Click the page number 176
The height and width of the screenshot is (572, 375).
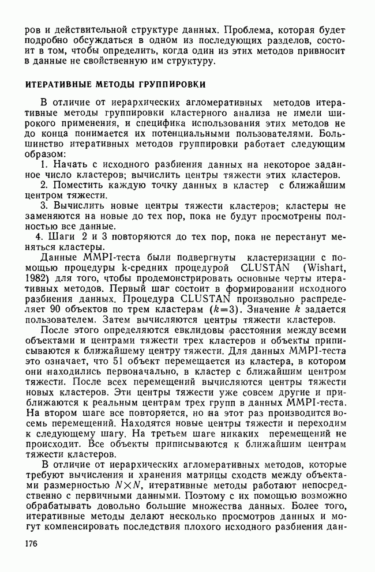(x=33, y=544)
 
